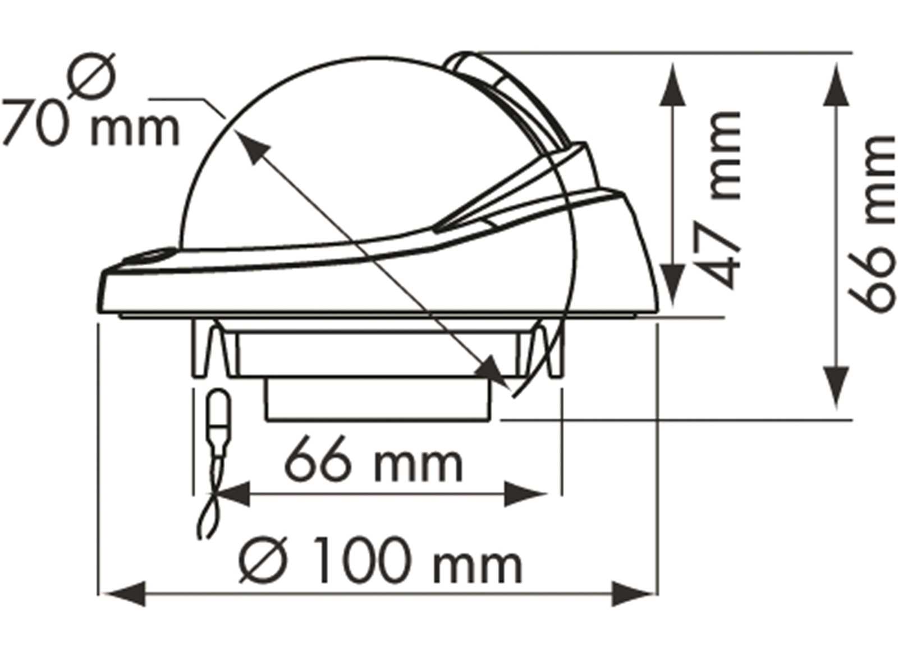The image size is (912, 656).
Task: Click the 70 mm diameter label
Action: tap(90, 128)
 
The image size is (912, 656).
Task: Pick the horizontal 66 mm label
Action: tap(374, 463)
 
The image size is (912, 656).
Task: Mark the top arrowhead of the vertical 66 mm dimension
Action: tap(836, 84)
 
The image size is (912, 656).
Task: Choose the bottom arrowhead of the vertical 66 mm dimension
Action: tap(836, 387)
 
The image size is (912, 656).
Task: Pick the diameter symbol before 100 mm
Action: tap(260, 560)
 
